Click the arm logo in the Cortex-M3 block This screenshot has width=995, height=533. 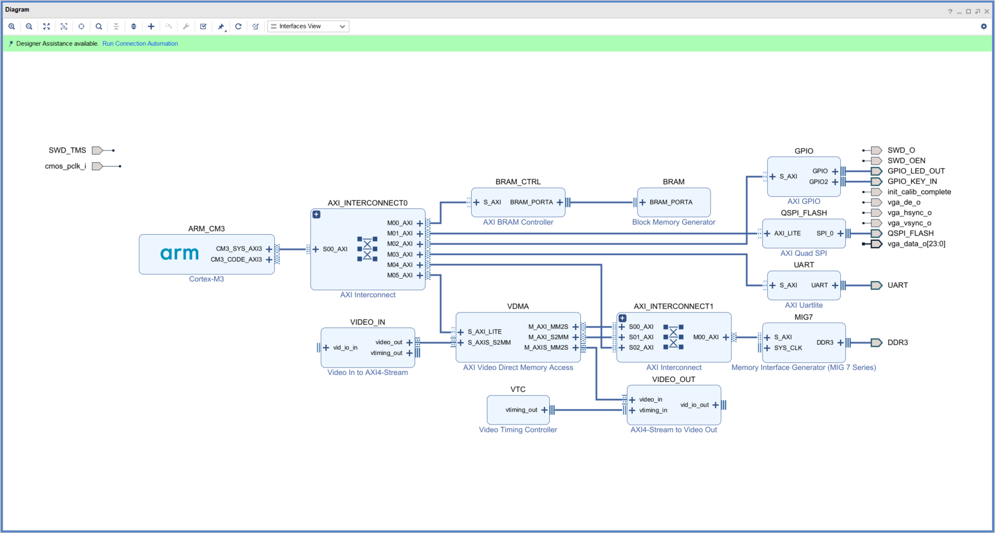pos(179,253)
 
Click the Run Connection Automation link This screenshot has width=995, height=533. pos(140,44)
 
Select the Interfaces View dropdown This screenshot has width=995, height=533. pos(308,26)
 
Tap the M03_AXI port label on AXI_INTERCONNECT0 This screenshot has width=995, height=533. pos(400,254)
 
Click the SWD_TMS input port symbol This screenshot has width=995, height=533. pos(97,151)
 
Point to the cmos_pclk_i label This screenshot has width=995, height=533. pos(65,166)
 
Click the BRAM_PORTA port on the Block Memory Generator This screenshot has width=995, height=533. pos(671,202)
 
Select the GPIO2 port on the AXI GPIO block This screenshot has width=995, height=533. pos(819,182)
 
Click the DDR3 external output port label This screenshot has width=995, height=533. pos(897,343)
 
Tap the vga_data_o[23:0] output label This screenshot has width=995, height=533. pos(916,244)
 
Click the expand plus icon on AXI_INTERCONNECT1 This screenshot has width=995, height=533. pos(622,318)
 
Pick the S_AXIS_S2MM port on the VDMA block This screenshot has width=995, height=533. pos(489,343)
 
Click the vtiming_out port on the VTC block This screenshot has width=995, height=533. pos(521,410)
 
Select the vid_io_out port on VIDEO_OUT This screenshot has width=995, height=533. pos(694,405)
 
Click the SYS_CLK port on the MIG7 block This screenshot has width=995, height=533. pos(788,348)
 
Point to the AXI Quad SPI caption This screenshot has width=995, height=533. pos(803,253)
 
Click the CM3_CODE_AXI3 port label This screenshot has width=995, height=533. pos(236,259)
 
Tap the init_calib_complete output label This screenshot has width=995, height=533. pos(919,192)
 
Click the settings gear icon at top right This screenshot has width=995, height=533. pos(984,26)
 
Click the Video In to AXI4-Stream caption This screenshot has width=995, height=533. pos(367,373)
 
